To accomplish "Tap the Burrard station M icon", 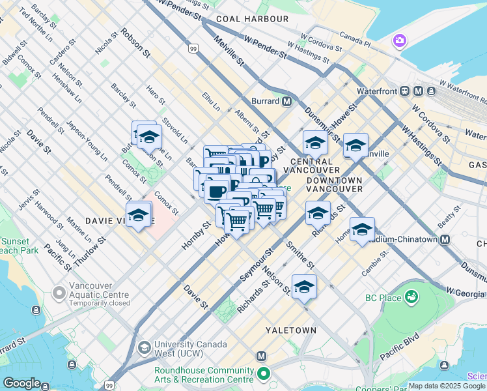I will (x=286, y=101).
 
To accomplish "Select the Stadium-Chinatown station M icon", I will (x=445, y=239).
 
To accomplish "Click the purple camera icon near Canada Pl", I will (x=399, y=42).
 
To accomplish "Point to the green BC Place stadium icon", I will (x=411, y=298).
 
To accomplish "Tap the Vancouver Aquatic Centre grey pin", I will (x=60, y=293).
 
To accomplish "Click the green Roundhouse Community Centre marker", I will (x=263, y=374).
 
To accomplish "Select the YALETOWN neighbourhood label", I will (x=290, y=330).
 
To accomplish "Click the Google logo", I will (x=22, y=383).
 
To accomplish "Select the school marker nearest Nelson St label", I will (x=304, y=286).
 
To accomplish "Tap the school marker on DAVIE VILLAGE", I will (x=139, y=214).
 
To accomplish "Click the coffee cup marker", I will (x=217, y=191).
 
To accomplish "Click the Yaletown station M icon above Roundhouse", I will (x=262, y=356).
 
